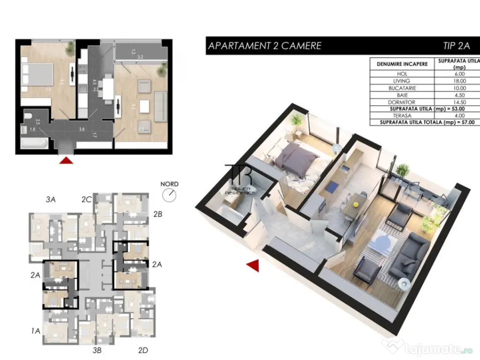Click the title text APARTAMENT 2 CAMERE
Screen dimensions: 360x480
[264, 46]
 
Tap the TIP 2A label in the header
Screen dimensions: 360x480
[456, 46]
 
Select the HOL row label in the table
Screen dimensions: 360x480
[402, 74]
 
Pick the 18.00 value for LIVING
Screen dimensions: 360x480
[459, 81]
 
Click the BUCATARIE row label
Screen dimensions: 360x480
[402, 88]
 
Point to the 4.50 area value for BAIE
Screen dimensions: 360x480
[459, 95]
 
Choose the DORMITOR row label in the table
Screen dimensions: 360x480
[402, 102]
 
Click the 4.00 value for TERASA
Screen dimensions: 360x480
[459, 116]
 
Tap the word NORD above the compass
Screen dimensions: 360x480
[169, 184]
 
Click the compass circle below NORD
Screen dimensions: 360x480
[169, 195]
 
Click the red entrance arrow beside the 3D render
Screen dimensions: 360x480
[253, 266]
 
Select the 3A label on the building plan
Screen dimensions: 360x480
[51, 200]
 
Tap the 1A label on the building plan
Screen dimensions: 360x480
[36, 331]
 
